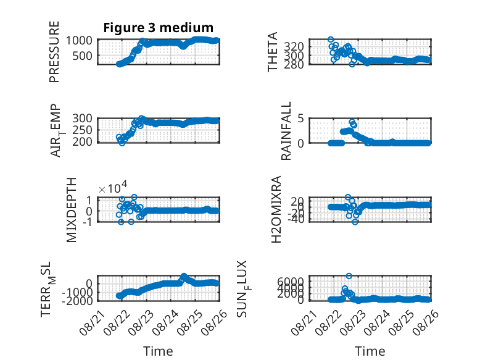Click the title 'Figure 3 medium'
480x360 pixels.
(159, 28)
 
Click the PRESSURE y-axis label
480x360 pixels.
(54, 52)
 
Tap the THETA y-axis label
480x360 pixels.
(272, 52)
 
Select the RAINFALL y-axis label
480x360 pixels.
(286, 131)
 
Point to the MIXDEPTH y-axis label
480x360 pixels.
(71, 210)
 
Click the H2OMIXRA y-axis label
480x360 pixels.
(276, 209)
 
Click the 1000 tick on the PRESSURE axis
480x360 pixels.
(79, 40)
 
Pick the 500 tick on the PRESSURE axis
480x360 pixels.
(83, 56)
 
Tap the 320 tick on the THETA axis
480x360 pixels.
(294, 46)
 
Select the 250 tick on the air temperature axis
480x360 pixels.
(82, 130)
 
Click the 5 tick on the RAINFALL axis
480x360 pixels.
(300, 119)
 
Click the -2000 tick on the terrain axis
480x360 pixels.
(77, 301)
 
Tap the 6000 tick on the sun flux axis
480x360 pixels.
(291, 281)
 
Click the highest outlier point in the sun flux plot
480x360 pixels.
(349, 276)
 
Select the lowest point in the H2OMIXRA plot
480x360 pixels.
(355, 222)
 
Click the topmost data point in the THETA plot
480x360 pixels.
(331, 40)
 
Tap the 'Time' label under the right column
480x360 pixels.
(370, 351)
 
